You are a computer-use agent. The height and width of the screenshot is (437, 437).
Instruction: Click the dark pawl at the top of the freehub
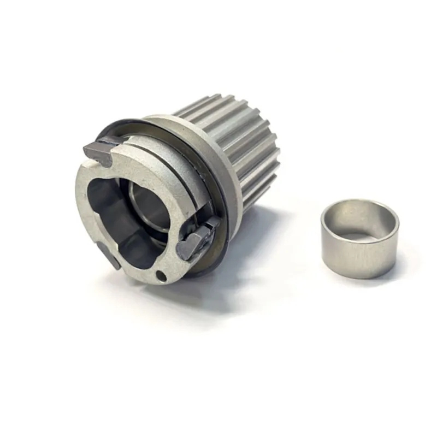coord(98,150)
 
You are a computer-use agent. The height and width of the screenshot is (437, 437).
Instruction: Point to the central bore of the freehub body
coord(128,218)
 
